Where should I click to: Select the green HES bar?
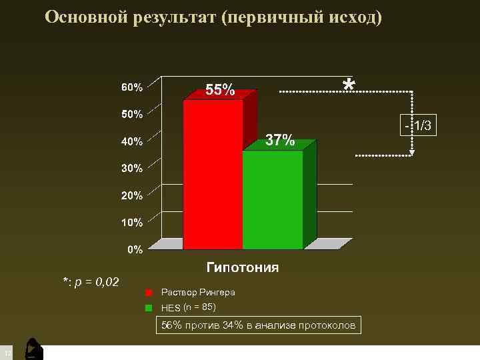pyautogui.click(x=273, y=199)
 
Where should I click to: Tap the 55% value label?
pyautogui.click(x=220, y=90)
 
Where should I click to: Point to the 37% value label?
pyautogui.click(x=280, y=140)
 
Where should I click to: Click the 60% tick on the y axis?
pyautogui.click(x=131, y=87)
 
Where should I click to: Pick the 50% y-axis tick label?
pyautogui.click(x=131, y=114)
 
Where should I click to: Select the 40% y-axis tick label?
pyautogui.click(x=131, y=141)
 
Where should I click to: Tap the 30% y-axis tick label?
pyautogui.click(x=131, y=169)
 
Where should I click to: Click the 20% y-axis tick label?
pyautogui.click(x=131, y=195)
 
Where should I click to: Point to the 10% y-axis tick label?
pyautogui.click(x=131, y=222)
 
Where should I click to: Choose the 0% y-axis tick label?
pyautogui.click(x=135, y=250)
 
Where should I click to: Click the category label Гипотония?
pyautogui.click(x=243, y=267)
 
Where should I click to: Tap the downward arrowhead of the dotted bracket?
pyautogui.click(x=413, y=153)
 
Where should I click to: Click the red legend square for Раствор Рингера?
pyautogui.click(x=150, y=293)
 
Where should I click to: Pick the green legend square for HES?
pyautogui.click(x=150, y=307)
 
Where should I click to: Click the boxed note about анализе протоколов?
pyautogui.click(x=259, y=325)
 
